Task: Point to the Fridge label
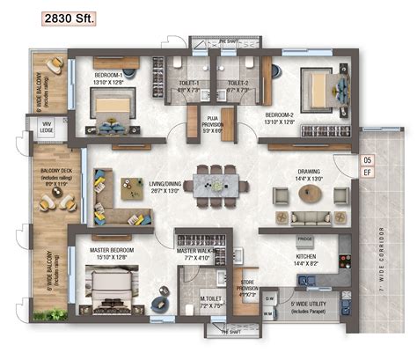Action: coord(304,239)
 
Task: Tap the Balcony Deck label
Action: coord(49,180)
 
